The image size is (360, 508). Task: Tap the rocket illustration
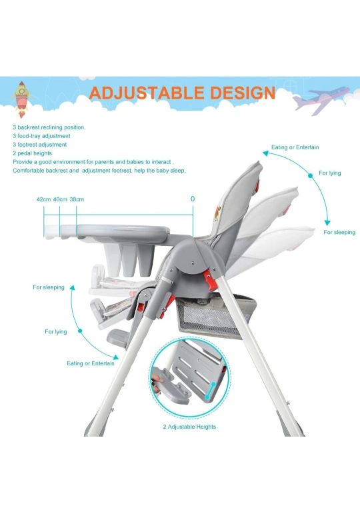[21, 99]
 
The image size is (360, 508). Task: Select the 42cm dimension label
[43, 199]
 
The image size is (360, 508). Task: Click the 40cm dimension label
[60, 199]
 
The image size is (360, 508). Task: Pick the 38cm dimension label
[77, 199]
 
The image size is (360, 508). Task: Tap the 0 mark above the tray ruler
[193, 199]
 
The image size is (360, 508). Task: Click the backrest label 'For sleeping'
[339, 232]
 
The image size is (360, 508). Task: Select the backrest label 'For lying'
[330, 173]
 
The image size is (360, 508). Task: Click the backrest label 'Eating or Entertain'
[295, 147]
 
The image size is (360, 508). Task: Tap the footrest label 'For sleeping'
[49, 287]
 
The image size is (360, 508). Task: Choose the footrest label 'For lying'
[56, 332]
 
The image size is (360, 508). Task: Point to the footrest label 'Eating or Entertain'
[91, 363]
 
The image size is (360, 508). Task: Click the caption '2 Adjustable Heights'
[189, 427]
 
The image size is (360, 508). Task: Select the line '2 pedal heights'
[33, 153]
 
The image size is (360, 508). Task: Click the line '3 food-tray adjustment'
[41, 136]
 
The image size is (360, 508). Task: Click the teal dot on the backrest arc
[311, 175]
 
